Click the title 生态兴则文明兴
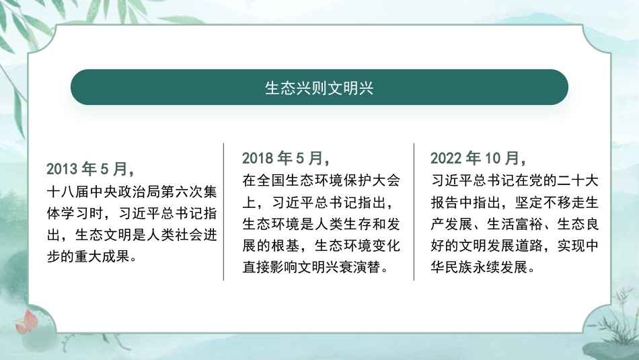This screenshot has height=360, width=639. pos(319,88)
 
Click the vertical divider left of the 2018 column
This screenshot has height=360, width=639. pos(223,211)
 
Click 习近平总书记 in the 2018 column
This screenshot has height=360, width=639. pos(310,202)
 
